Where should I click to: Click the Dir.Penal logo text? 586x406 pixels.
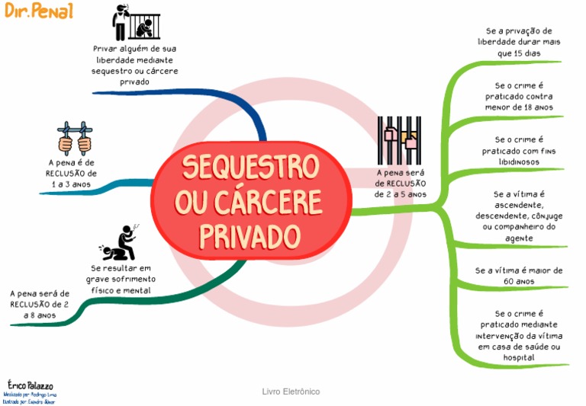[40, 11]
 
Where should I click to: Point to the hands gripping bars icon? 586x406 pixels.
[74, 137]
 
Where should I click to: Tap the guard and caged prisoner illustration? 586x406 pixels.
[137, 23]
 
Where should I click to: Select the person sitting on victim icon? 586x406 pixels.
[121, 243]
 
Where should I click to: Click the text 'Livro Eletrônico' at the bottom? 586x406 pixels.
[291, 392]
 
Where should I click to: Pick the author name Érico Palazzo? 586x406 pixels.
[30, 385]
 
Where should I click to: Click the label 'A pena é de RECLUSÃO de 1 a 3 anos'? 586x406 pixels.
[72, 174]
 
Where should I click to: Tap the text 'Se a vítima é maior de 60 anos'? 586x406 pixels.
[519, 276]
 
